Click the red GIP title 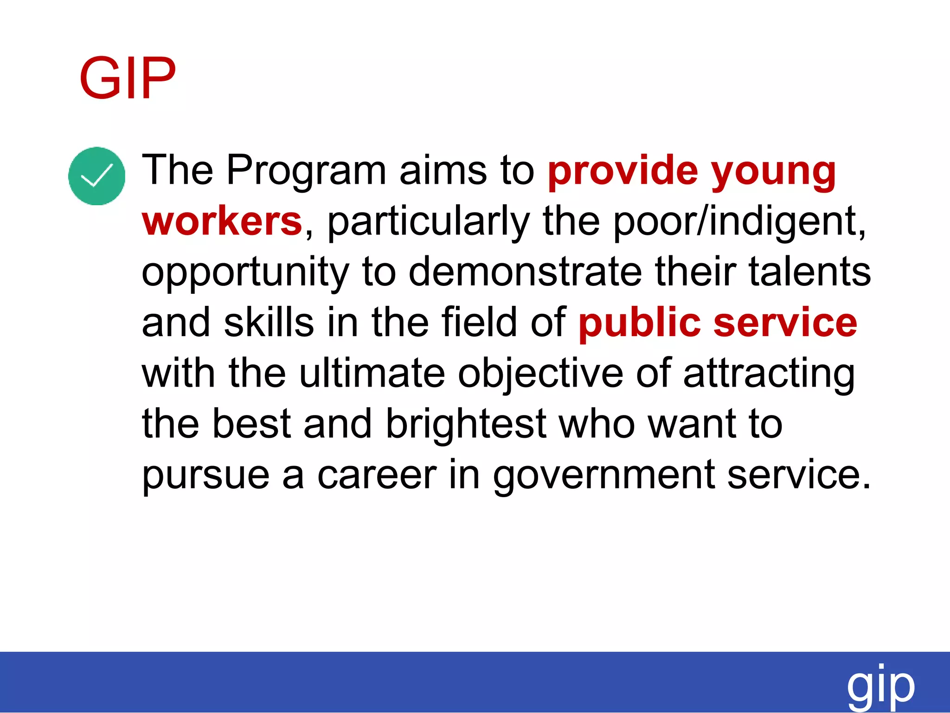pyautogui.click(x=128, y=78)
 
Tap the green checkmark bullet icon pyautogui.click(x=96, y=176)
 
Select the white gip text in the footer pyautogui.click(x=880, y=686)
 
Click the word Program pyautogui.click(x=306, y=171)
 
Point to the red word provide pyautogui.click(x=623, y=171)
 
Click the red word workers pyautogui.click(x=222, y=221)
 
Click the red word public pyautogui.click(x=639, y=324)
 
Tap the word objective pyautogui.click(x=540, y=375)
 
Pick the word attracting pyautogui.click(x=769, y=375)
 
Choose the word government pyautogui.click(x=603, y=476)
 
